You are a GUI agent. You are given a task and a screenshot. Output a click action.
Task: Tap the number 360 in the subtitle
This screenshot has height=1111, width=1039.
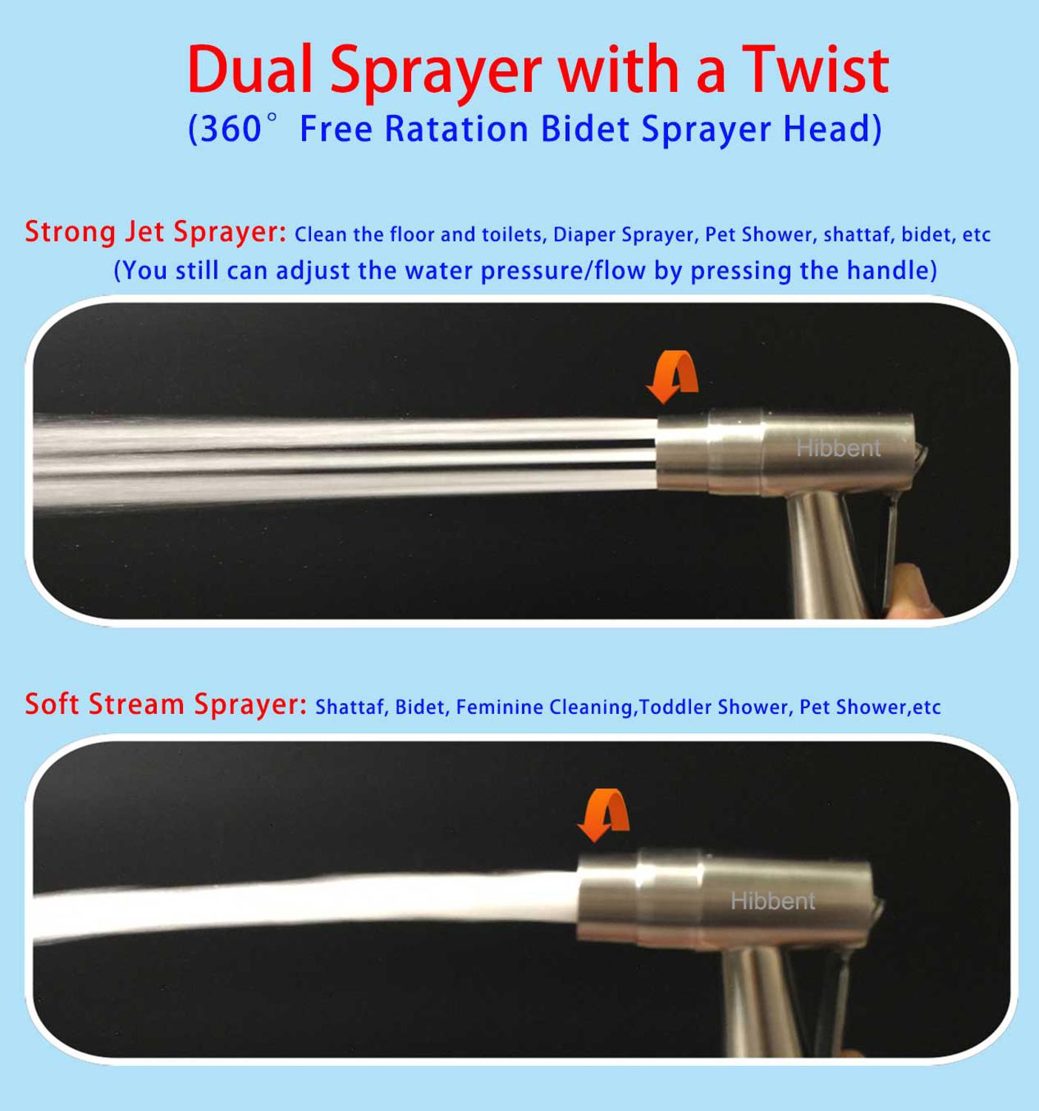click(230, 129)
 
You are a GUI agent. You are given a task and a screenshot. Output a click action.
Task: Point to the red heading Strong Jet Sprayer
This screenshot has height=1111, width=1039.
click(156, 233)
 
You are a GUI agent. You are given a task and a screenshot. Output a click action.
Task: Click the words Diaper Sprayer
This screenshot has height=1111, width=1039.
click(624, 235)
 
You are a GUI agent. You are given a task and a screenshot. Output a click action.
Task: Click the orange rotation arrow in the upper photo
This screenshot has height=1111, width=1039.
click(672, 376)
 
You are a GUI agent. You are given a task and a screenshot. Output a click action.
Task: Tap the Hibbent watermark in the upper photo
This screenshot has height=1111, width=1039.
click(838, 448)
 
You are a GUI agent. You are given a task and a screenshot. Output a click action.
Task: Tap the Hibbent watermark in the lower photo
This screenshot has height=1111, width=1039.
click(772, 901)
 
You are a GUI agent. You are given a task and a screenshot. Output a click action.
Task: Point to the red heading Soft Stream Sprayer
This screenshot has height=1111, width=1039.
click(166, 704)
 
